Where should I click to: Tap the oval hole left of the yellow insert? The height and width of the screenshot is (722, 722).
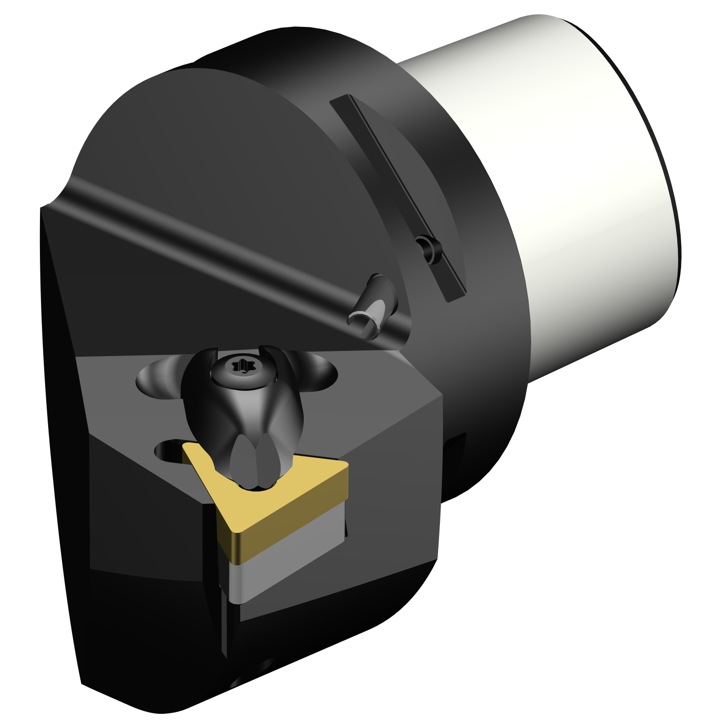pos(168,451)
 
